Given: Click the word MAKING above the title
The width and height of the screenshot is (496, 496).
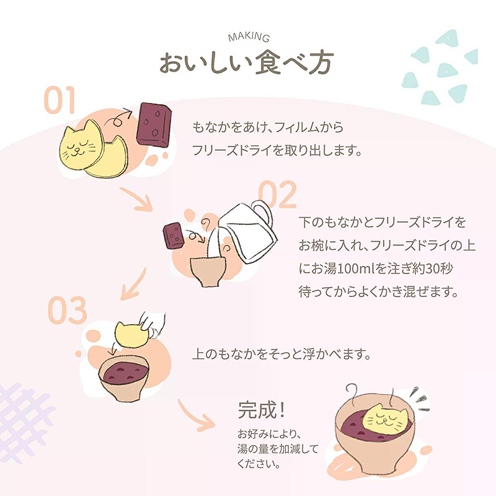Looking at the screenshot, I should [247, 39].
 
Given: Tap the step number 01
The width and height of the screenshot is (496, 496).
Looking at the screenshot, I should [60, 100].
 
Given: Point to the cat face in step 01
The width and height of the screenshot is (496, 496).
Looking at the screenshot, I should [80, 147].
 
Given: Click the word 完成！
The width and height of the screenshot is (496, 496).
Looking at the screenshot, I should [262, 410].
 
